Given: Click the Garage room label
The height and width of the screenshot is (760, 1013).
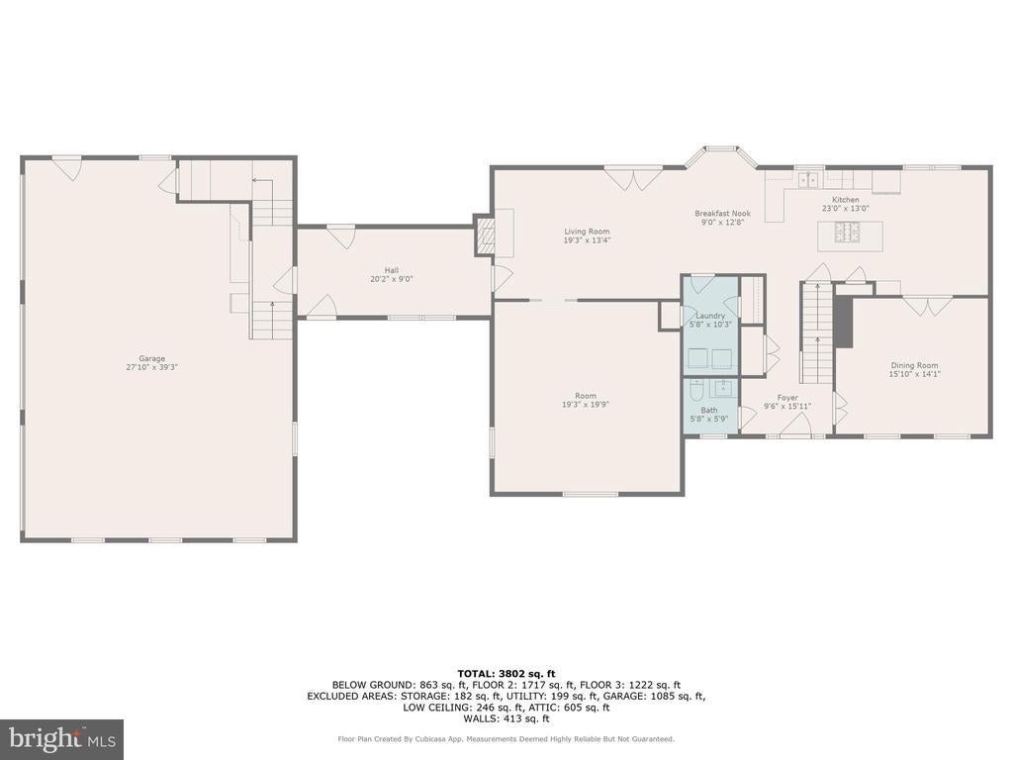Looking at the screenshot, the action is coord(151,358).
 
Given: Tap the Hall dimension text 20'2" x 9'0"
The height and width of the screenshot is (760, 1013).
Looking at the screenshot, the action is coord(392,279).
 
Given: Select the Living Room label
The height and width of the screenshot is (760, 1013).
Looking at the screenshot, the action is coord(587,232).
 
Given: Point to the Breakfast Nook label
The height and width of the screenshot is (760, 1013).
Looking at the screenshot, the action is coord(722,214).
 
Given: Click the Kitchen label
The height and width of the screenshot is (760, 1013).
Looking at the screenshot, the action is coord(845,200).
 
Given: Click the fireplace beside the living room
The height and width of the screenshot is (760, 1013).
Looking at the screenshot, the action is coord(485,234).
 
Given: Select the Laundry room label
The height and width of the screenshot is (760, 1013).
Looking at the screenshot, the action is coord(710,316).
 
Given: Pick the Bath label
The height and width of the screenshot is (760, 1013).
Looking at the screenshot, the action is coord(708,410).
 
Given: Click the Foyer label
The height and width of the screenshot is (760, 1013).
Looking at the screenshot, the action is coord(786,398).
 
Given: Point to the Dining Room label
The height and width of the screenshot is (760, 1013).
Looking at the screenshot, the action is coord(913,365).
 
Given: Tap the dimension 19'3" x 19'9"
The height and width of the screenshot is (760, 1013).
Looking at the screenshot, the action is coord(586,405).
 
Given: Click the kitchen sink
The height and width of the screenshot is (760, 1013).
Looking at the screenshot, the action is coord(807,179).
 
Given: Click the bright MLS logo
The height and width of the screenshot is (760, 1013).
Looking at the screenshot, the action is coord(62,738).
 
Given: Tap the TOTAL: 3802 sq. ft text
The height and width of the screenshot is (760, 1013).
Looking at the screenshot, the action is coord(506,673).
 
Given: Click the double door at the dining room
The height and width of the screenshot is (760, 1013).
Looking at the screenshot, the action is coord(926,305).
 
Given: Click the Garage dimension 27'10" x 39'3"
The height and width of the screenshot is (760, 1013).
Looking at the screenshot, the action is coord(151,367).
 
